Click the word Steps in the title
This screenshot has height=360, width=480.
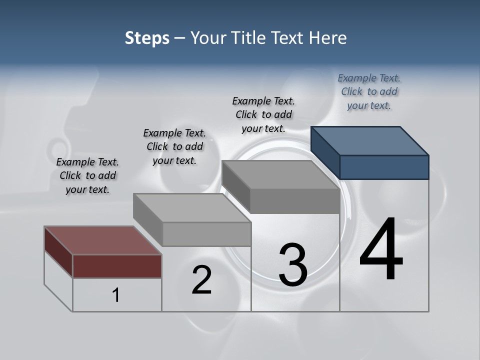[x=147, y=38]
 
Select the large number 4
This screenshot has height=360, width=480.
[x=381, y=250]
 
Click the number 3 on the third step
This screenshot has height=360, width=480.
[x=293, y=265]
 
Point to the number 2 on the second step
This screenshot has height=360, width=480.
[x=201, y=280]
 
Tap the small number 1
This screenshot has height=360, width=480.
[x=116, y=295]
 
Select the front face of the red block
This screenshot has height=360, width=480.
[x=117, y=266]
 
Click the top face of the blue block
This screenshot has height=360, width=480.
[x=370, y=140]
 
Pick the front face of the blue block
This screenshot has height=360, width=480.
[x=384, y=167]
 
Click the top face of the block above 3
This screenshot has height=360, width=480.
[x=280, y=174]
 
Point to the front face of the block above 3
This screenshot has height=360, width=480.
[x=295, y=201]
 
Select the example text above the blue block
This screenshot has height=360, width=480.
[x=369, y=91]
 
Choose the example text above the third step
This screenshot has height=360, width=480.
[x=263, y=114]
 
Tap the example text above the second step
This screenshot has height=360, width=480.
[x=174, y=146]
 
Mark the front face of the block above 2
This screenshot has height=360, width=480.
[x=206, y=234]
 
